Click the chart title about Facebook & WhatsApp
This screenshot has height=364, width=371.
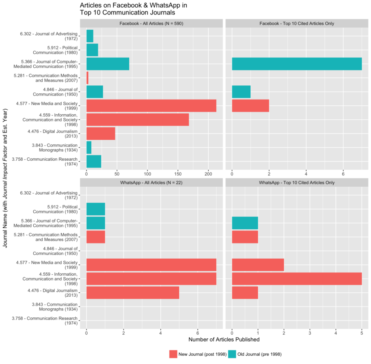pos(133,9)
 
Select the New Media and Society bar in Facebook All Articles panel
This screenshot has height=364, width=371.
pos(151,106)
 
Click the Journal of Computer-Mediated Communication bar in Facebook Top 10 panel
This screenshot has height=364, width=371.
pos(297,64)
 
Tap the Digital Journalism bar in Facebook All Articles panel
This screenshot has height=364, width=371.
pos(101,134)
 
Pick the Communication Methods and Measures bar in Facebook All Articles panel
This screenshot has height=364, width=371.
pos(87,78)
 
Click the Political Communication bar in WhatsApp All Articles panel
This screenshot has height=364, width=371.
pos(96,209)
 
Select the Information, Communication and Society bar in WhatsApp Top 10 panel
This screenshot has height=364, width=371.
pos(297,279)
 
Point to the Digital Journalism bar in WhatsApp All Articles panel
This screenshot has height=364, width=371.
pos(133,292)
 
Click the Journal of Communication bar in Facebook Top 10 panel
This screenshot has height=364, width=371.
pos(241,92)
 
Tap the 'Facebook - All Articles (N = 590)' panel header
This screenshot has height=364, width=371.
pos(151,24)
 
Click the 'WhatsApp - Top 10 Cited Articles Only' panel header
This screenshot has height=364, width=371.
pos(297,183)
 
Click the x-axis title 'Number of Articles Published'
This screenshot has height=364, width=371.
pos(224,340)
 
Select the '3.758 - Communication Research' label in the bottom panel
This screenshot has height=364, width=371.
pos(50,321)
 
